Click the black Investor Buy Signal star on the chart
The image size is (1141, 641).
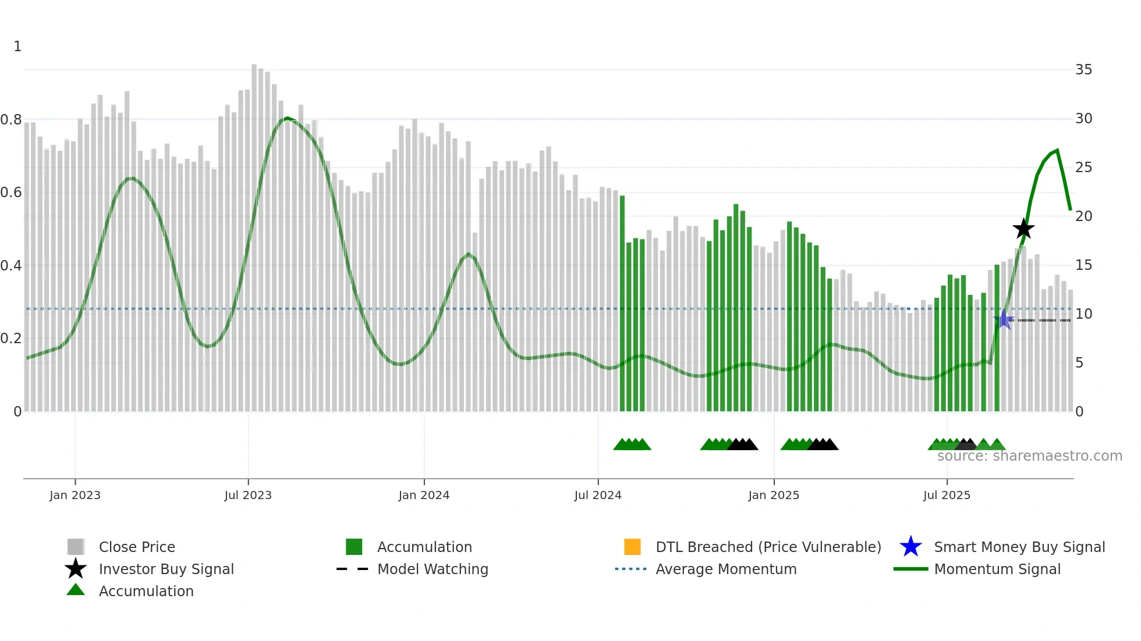[x=1023, y=229]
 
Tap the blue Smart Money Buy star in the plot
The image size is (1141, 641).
[x=1004, y=319]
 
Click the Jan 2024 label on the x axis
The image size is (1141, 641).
[x=424, y=495]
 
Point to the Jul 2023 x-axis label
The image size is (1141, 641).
[x=248, y=495]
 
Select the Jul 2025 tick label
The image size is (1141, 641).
[x=947, y=495]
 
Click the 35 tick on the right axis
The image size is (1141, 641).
[x=1083, y=70]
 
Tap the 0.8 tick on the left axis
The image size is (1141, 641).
[x=11, y=120]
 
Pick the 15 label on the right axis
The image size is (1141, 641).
[x=1083, y=265]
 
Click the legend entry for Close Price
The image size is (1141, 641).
[x=137, y=547]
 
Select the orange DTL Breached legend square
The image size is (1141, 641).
[x=632, y=547]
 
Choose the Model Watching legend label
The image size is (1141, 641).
[x=433, y=569]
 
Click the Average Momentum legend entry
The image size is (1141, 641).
[x=726, y=569]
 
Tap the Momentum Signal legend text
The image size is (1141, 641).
[x=997, y=569]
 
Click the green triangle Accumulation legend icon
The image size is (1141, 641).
[x=76, y=590]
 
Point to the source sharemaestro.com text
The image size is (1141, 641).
[x=1029, y=456]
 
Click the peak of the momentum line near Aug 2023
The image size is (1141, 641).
[x=286, y=118]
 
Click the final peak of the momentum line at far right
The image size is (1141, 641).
[x=1057, y=150]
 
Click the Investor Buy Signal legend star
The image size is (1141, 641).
[x=76, y=569]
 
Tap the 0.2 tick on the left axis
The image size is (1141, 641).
[x=11, y=339]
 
